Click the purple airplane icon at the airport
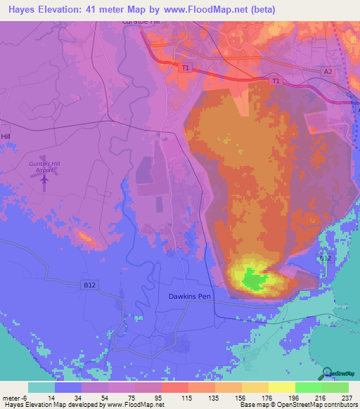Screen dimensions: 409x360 [x=45, y=179]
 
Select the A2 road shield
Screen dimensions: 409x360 [x=328, y=72]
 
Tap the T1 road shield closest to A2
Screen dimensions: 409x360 [x=276, y=82]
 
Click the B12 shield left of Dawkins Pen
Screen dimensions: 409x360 [x=89, y=285]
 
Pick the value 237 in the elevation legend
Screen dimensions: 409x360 [x=347, y=397]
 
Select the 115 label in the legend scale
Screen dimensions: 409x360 [x=187, y=397]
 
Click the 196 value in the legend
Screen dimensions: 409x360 [x=293, y=397]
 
